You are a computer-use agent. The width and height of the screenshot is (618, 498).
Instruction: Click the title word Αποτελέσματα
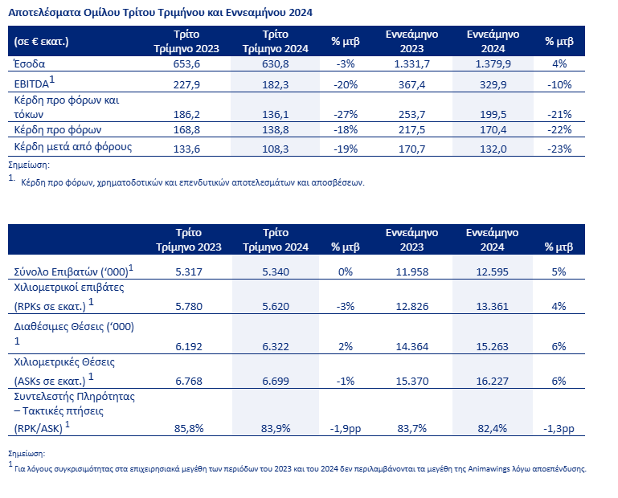point(44,13)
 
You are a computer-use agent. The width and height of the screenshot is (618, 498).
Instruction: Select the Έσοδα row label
point(30,63)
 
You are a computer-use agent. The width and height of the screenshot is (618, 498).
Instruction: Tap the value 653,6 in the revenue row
point(186,63)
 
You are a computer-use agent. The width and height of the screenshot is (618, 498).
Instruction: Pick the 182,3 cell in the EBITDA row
point(276,84)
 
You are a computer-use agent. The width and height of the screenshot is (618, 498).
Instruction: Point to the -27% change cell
point(346,115)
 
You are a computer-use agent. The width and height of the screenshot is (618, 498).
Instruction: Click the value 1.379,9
point(493,63)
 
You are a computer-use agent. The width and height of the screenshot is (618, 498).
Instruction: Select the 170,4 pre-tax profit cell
point(493,130)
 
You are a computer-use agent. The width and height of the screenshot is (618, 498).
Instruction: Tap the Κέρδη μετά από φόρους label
point(73,147)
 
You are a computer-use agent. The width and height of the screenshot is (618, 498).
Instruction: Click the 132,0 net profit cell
point(493,149)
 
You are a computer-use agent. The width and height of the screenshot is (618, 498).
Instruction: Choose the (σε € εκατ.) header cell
point(41,42)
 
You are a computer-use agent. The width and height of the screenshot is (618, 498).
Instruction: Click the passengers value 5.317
point(189,271)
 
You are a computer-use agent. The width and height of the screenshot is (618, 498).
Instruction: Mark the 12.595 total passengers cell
point(493,271)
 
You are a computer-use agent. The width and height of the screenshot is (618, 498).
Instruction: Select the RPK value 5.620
point(276,307)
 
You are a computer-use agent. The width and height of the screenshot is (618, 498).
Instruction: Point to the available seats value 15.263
point(493,347)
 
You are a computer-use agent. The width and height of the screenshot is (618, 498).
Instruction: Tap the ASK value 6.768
point(189,382)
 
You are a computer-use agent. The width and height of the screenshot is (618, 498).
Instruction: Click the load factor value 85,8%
point(189,429)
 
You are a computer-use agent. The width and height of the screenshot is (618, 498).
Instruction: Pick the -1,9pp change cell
point(346,429)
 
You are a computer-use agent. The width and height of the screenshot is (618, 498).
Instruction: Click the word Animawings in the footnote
point(484,469)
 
